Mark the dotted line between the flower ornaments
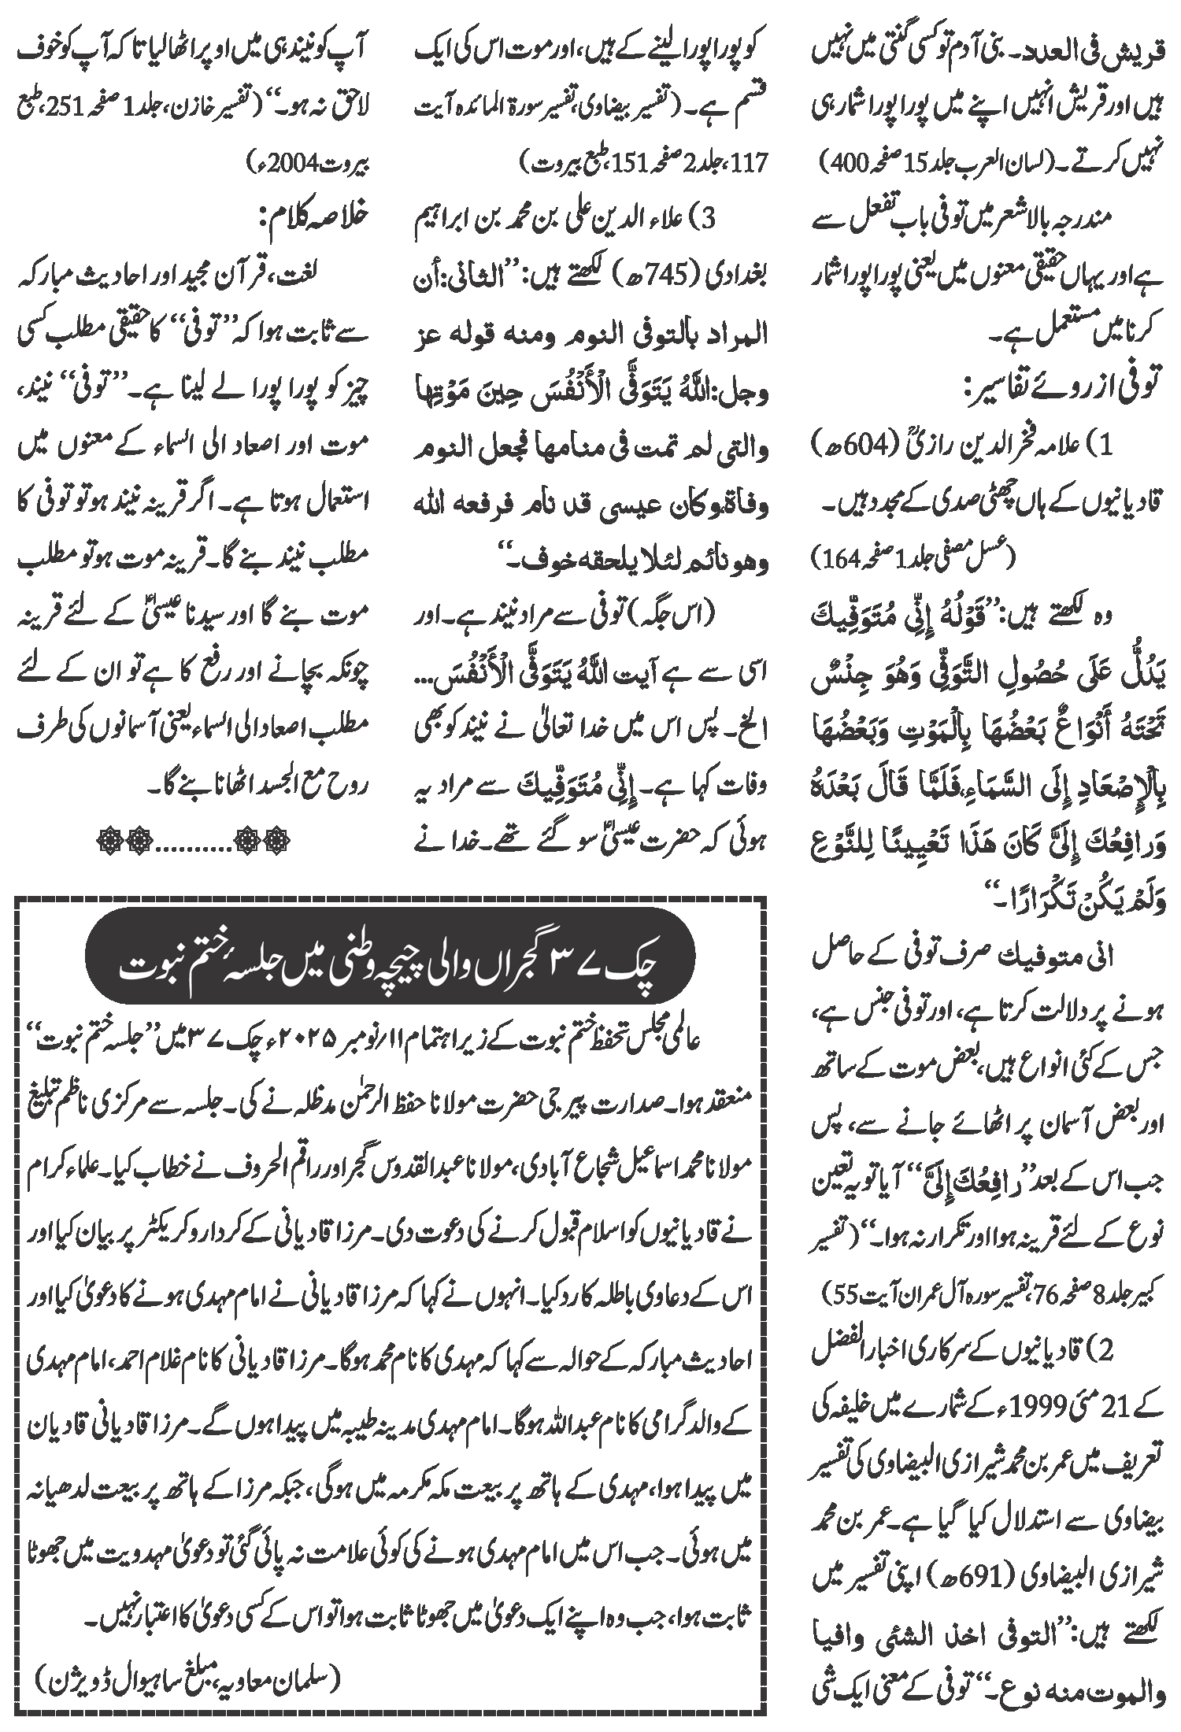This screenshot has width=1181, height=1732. [x=193, y=849]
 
